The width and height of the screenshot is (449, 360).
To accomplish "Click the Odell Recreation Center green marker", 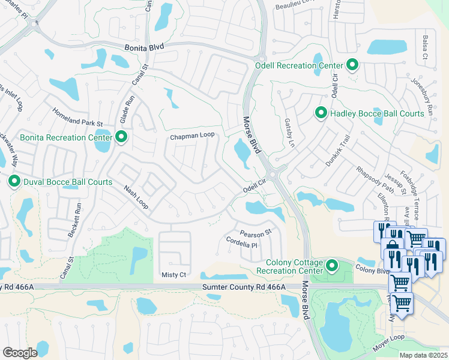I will (352, 65).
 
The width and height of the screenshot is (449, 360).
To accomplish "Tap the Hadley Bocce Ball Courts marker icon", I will (321, 113).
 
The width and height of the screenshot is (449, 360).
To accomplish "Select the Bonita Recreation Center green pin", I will (121, 138).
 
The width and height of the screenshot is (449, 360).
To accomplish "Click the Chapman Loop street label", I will (192, 136).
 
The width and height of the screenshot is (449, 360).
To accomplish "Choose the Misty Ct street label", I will (174, 274).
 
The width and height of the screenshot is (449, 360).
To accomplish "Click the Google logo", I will (20, 352).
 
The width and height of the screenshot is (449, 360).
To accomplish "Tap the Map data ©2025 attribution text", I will (423, 355).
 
